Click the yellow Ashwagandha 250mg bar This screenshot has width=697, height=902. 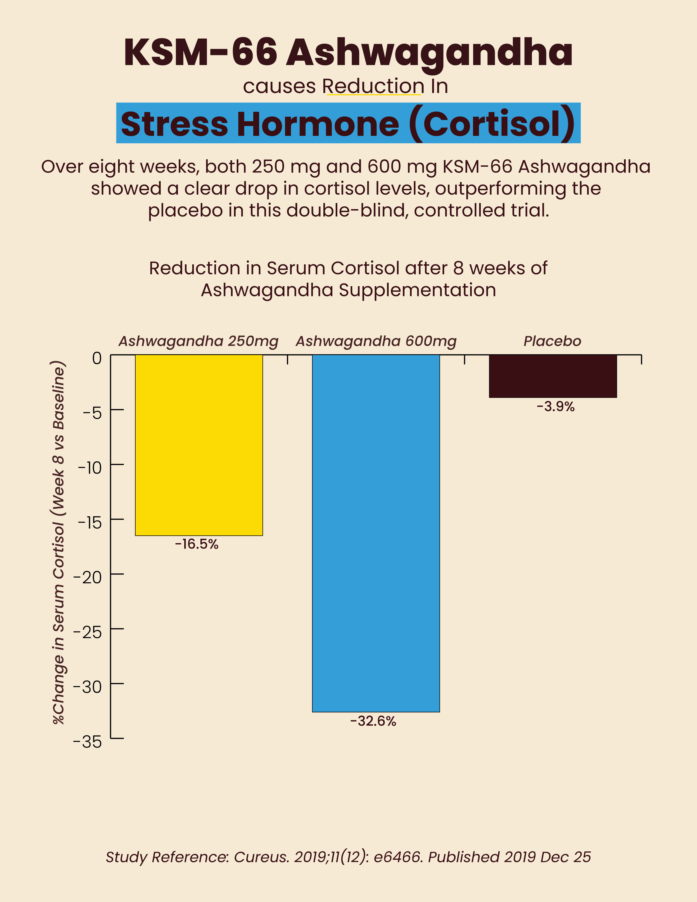coord(199,445)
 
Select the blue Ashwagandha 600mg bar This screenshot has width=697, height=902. coord(376,533)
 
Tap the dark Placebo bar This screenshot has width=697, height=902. coord(552,376)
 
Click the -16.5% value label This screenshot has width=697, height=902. coord(197,544)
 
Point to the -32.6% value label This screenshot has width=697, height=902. coord(373,721)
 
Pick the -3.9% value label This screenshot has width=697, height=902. coord(555,407)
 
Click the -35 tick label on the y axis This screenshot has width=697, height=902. coord(87,742)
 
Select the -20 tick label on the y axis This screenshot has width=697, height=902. coord(87,577)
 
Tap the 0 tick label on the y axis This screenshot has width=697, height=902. coord(96,358)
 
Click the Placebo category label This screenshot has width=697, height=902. coord(552,341)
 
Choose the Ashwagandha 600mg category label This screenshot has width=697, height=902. coord(376,341)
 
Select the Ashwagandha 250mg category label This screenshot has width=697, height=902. coord(198,341)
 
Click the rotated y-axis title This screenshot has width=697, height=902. coord(59,542)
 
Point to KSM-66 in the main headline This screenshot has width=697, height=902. coord(200,52)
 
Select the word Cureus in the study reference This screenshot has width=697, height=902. coord(261,857)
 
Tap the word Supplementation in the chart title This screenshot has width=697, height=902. coord(417,290)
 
